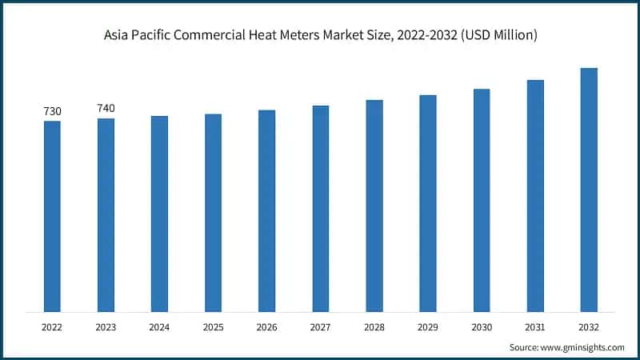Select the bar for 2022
[52, 216]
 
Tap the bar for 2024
[159, 214]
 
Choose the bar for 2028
[374, 206]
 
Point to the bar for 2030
[482, 200]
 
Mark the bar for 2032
[589, 190]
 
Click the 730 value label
[52, 111]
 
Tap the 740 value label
[106, 109]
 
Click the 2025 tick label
[213, 327]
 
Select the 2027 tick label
[320, 327]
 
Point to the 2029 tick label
[428, 327]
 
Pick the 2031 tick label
[535, 327]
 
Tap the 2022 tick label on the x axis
[52, 327]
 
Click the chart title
[320, 35]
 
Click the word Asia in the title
[118, 35]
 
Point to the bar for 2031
[535, 195]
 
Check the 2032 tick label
[589, 327]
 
